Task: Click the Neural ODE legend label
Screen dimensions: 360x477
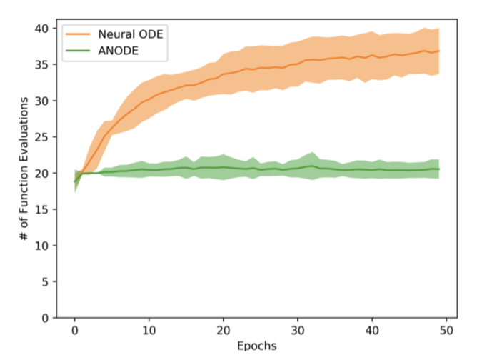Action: pos(126,33)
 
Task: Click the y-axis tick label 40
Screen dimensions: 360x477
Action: pos(41,29)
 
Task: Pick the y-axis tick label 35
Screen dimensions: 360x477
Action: pos(41,65)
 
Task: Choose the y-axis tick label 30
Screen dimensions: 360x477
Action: pos(41,101)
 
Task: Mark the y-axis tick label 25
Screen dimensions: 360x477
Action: pos(41,137)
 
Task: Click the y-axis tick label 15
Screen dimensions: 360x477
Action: pos(41,209)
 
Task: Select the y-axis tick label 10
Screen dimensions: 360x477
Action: pos(41,246)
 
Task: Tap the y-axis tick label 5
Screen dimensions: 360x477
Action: pos(45,281)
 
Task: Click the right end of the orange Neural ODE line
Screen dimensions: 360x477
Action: pos(438,51)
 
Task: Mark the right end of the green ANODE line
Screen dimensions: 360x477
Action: pos(438,169)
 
